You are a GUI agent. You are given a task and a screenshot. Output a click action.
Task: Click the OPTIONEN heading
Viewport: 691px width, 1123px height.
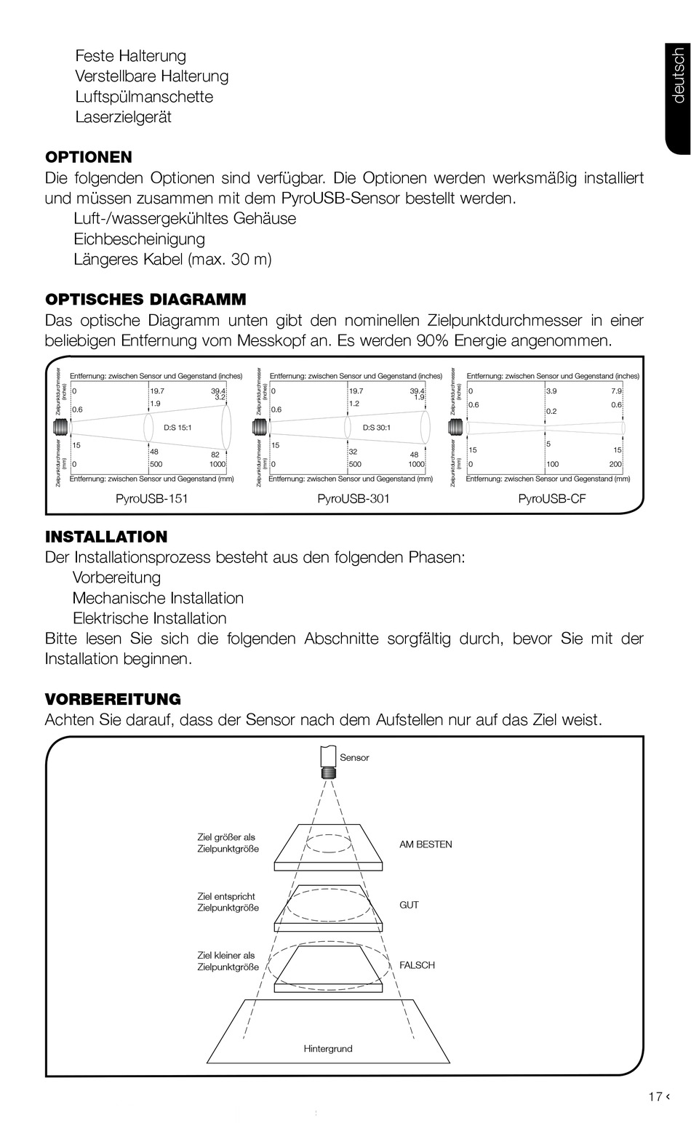tap(89, 157)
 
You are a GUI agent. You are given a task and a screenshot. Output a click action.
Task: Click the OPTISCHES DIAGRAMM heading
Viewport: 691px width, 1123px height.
tap(145, 300)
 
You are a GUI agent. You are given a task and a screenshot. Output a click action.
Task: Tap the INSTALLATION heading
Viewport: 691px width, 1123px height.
tap(106, 537)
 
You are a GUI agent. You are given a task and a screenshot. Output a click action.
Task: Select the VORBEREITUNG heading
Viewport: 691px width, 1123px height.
tap(113, 700)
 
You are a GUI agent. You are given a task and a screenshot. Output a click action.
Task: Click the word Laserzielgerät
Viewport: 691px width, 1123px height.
tap(123, 117)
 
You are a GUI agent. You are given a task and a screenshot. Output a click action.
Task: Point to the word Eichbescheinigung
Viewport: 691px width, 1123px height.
tap(139, 239)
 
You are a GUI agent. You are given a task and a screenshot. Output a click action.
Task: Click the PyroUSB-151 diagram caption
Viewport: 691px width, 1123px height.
tap(146, 499)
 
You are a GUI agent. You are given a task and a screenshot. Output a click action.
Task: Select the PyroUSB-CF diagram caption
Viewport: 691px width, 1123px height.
tap(551, 499)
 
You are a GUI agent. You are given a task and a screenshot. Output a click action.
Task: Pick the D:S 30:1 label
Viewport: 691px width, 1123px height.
tap(377, 428)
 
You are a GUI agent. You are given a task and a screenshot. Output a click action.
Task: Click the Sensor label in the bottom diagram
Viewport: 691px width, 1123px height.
tap(354, 758)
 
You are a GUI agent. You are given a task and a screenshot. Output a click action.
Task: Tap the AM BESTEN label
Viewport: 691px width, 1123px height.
tap(426, 844)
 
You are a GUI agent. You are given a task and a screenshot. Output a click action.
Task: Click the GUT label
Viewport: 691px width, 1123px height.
tap(409, 905)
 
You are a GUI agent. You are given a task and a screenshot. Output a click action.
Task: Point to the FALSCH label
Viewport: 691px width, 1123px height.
tap(417, 965)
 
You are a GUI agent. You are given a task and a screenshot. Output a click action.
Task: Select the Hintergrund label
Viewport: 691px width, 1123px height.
tap(328, 1049)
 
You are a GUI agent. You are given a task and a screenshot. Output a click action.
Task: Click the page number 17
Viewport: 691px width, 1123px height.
tap(655, 1097)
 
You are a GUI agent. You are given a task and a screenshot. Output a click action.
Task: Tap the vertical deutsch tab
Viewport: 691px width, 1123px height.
tap(678, 76)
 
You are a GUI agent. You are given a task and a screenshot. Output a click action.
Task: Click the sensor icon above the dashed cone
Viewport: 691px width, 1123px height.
tap(328, 761)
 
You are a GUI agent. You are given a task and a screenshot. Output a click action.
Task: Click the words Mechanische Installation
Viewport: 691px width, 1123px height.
tap(158, 599)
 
